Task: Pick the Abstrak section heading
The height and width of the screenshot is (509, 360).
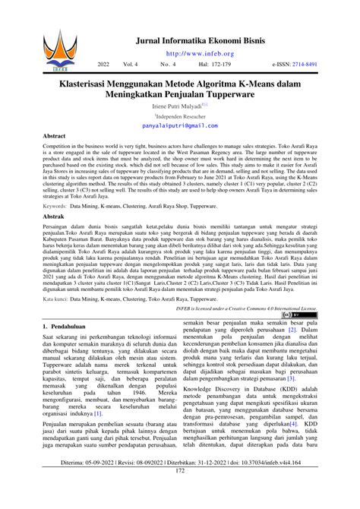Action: point(54,215)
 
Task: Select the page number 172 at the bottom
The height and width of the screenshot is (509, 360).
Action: point(180,492)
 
